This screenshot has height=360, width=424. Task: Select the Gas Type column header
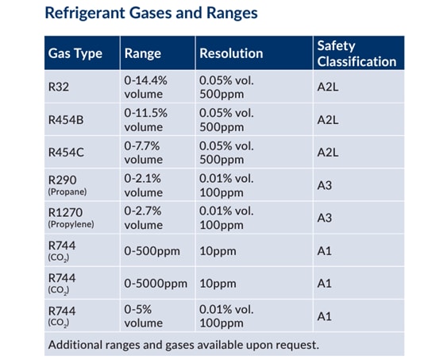pyautogui.click(x=75, y=54)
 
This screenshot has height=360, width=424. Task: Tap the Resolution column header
pyautogui.click(x=231, y=54)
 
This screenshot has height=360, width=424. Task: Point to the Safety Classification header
pyautogui.click(x=356, y=53)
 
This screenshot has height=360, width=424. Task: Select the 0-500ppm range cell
pyautogui.click(x=152, y=250)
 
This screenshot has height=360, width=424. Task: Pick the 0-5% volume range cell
pyautogui.click(x=144, y=315)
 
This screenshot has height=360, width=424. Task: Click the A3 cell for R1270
pyautogui.click(x=324, y=218)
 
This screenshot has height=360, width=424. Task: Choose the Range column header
pyautogui.click(x=143, y=54)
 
